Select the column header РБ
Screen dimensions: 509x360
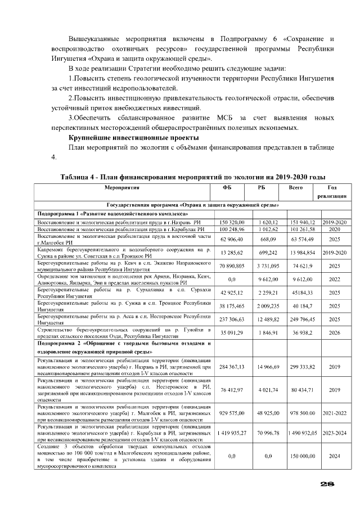pos(262,188)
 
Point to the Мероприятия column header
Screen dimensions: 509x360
pos(121,188)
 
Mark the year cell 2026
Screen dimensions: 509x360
pos(334,332)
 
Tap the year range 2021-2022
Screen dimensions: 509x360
pos(334,412)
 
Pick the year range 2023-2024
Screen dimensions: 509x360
pos(334,434)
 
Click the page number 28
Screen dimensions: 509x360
pos(327,483)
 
